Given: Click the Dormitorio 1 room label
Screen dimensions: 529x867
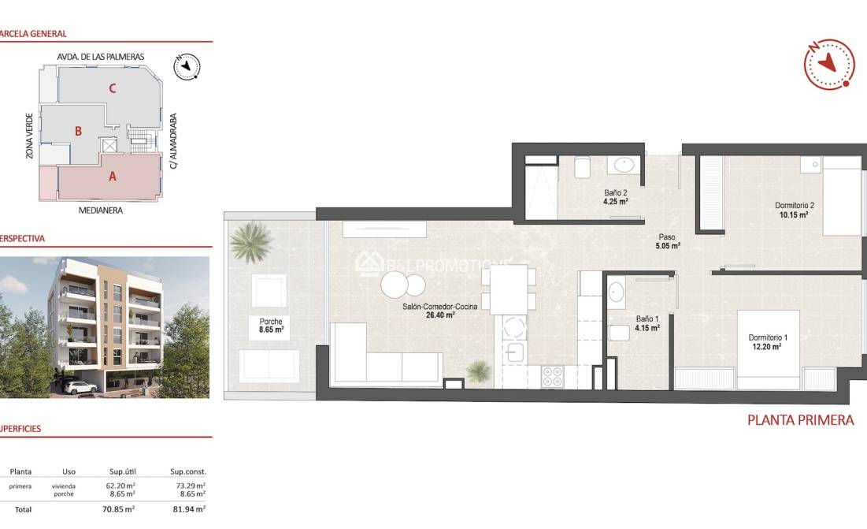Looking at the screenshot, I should (x=768, y=337).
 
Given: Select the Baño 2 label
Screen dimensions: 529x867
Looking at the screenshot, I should (x=615, y=193).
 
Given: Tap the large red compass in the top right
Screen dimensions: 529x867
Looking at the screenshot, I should (x=828, y=65).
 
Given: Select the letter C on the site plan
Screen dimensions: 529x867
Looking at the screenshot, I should (x=113, y=88).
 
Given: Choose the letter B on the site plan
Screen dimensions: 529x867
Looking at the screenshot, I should (x=78, y=131).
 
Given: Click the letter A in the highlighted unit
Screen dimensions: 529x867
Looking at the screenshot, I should (x=112, y=177).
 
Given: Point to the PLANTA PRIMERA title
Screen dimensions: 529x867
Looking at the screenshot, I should (x=800, y=420).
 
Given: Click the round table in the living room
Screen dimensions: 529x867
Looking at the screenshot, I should (x=395, y=284).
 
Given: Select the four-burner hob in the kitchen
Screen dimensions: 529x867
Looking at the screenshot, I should (x=552, y=376).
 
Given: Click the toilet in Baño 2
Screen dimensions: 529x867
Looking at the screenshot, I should (x=583, y=167).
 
